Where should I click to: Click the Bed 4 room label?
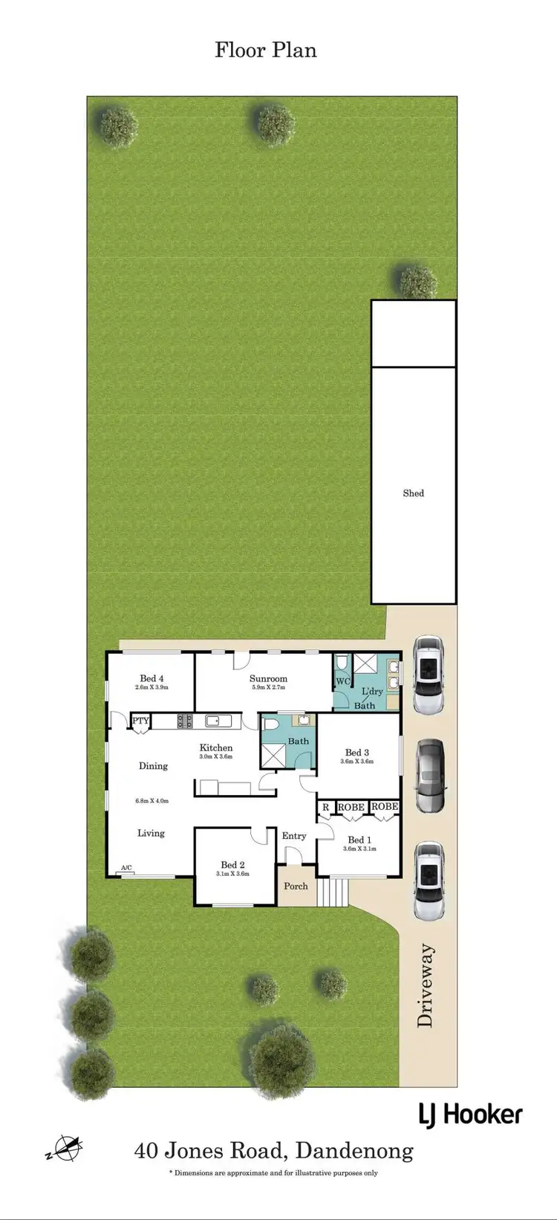click(x=152, y=678)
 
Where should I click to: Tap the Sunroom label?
click(x=268, y=678)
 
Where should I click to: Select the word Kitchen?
click(x=216, y=747)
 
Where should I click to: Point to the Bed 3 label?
click(x=356, y=753)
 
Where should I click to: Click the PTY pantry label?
click(x=140, y=721)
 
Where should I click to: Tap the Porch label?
click(x=296, y=886)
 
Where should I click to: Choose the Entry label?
click(x=294, y=836)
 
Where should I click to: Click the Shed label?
click(x=413, y=493)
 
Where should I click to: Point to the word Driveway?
click(x=425, y=985)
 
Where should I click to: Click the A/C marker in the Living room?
click(x=126, y=868)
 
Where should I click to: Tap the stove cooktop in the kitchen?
click(x=184, y=720)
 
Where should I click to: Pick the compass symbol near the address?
click(x=64, y=1149)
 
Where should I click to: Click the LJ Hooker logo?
click(x=471, y=1114)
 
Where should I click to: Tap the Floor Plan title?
click(x=266, y=50)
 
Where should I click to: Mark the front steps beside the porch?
click(x=333, y=892)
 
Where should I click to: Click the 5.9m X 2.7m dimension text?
click(x=268, y=687)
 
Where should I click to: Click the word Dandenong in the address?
click(x=354, y=1151)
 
